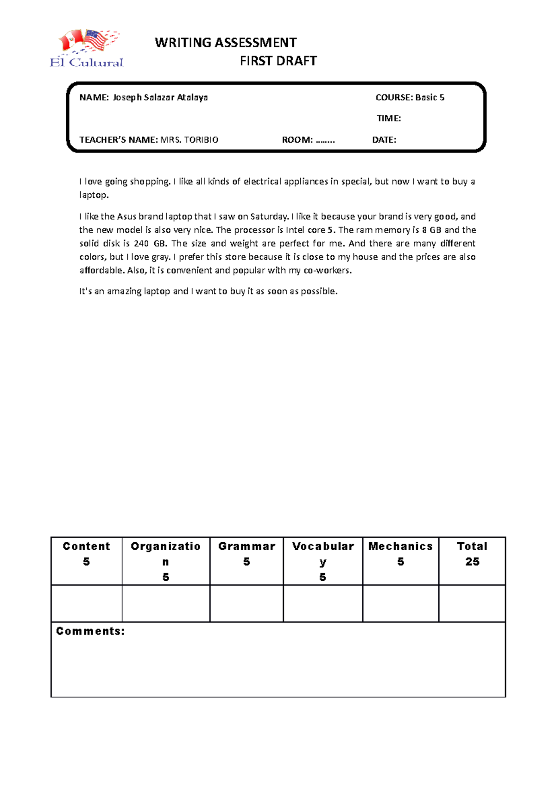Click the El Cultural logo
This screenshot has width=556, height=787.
pos(87,49)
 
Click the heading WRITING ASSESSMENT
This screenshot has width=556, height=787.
pos(226,43)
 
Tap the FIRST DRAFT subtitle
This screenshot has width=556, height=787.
pos(278,61)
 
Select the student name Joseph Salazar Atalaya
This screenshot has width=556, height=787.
pos(160,97)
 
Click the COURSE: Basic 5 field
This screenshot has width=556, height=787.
pos(410,97)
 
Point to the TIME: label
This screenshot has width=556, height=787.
pos(388,118)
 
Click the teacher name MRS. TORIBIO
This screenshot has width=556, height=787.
pos(189,140)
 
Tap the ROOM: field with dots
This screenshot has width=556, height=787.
pos(308,140)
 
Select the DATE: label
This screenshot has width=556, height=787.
pos(384,140)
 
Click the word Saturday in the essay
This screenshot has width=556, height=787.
pos(269,216)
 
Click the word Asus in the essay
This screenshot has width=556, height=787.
pos(126,216)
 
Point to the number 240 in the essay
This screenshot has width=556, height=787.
pos(141,243)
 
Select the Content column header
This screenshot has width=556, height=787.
pos(87,546)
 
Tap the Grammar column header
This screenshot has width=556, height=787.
pos(246,546)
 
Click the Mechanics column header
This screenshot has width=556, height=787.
pos(400,546)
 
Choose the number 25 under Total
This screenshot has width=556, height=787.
pos(472,562)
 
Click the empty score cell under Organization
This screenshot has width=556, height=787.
pos(166,603)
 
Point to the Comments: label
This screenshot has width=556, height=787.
pos(90,631)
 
